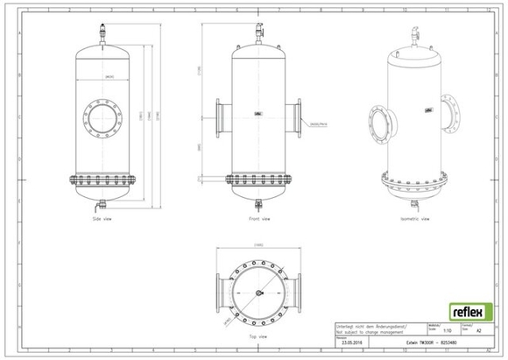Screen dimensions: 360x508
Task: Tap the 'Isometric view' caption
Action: click(413, 220)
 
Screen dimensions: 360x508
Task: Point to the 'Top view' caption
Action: click(258, 334)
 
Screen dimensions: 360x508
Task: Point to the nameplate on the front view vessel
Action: click(258, 113)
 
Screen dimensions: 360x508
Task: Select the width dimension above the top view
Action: click(258, 244)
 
